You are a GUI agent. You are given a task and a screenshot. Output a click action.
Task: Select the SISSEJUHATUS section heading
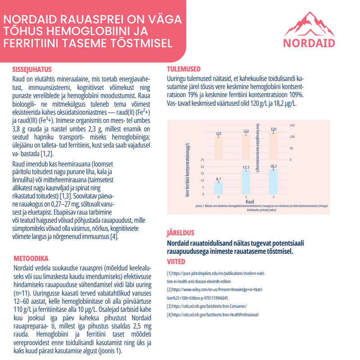coord(31,70)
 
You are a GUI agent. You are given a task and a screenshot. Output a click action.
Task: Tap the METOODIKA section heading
coord(31,258)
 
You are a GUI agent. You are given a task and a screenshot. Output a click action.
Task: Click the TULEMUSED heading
coord(184,69)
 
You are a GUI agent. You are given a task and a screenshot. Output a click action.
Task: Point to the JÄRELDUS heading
coord(180,233)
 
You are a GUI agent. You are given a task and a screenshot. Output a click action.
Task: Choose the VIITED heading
coord(176,261)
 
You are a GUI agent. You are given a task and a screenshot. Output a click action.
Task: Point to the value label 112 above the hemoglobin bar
coord(246,131)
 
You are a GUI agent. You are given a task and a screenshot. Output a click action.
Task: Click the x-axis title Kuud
coord(246,201)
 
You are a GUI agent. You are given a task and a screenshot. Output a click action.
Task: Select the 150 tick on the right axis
coord(292,125)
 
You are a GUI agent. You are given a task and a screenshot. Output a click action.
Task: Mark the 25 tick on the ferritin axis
coord(202,160)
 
